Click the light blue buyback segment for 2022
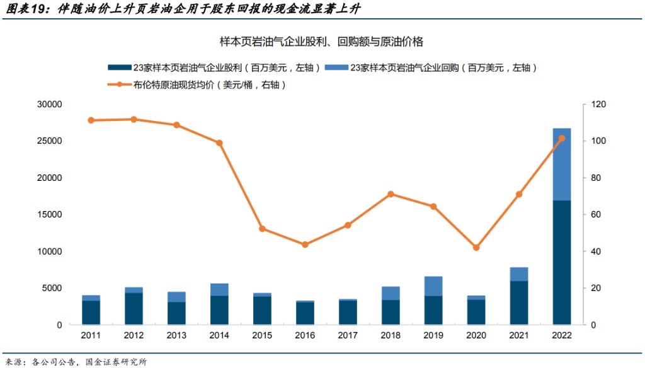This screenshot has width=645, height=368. coord(561,164)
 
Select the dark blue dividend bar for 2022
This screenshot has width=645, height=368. coord(561,262)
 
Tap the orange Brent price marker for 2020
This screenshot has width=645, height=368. coord(476,248)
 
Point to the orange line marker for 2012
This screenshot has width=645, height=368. coord(134,119)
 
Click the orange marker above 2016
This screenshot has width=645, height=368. coord(305,244)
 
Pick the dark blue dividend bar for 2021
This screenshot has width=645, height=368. coord(519,302)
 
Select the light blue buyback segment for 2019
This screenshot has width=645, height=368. coord(433,286)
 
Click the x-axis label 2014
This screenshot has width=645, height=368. coord(219,336)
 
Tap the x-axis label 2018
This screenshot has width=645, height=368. coord(391,336)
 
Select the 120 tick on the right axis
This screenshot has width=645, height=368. coord(597,104)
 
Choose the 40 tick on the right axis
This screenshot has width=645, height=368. coord(595,251)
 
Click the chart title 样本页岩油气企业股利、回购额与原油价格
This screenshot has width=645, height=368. coord(321,42)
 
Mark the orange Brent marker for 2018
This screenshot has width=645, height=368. coord(391,194)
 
